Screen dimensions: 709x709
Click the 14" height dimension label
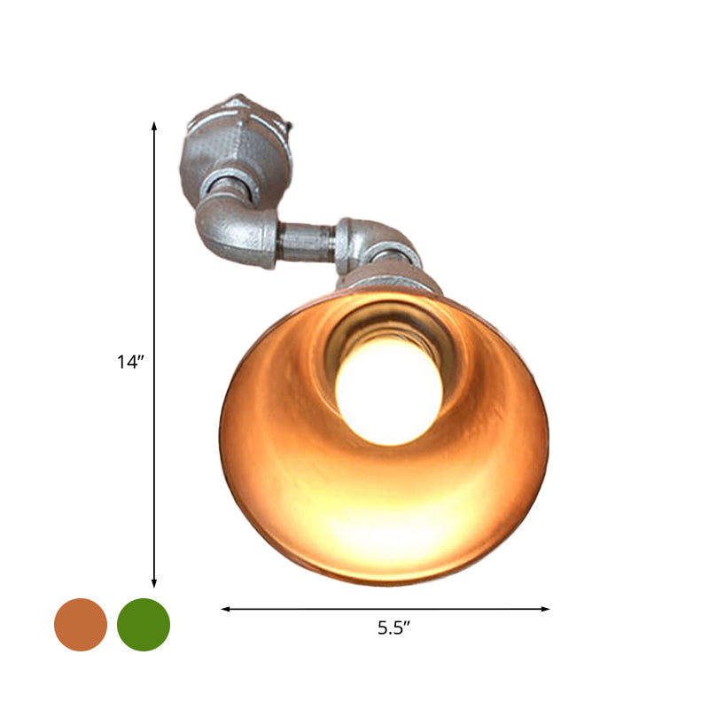click(x=129, y=362)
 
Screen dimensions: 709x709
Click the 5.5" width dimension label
click(x=393, y=628)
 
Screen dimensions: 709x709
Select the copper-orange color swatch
click(x=81, y=625)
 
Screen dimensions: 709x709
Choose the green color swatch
click(x=144, y=625)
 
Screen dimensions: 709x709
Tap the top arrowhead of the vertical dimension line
click(x=154, y=126)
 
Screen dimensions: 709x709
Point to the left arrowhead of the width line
click(x=225, y=609)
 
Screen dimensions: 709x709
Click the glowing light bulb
click(x=389, y=391)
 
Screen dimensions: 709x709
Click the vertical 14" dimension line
click(x=154, y=266)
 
